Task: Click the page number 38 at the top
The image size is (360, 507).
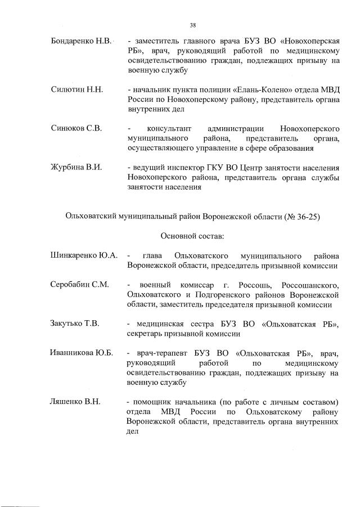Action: click(193, 25)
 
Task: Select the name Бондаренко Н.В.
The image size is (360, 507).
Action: click(82, 42)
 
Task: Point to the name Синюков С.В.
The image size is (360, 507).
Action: click(76, 128)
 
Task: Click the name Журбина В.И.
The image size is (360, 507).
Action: click(76, 167)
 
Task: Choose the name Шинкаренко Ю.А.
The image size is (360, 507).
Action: click(84, 255)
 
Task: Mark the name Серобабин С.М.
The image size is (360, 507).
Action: click(79, 284)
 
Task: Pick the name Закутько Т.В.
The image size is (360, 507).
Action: click(75, 323)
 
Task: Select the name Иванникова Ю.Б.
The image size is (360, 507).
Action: click(82, 353)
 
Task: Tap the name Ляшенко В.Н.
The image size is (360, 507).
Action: click(75, 401)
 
